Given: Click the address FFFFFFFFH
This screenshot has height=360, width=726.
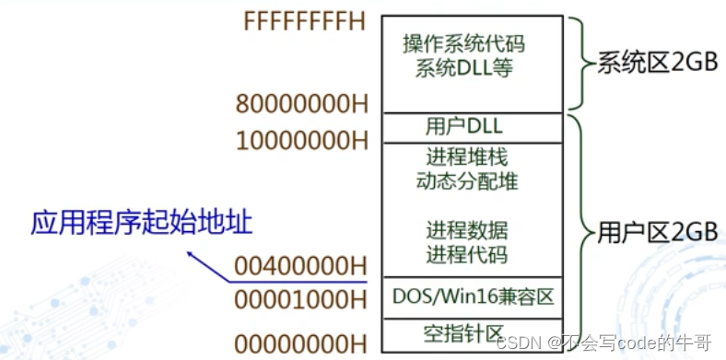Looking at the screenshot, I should coord(305,20).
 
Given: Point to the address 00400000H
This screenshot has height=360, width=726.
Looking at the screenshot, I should coord(300,266).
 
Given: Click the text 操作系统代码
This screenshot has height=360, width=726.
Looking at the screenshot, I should coord(470,43).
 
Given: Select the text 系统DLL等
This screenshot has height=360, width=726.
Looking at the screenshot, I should coord(470,68).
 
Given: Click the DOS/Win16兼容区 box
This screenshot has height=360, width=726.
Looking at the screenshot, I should coord(471,296).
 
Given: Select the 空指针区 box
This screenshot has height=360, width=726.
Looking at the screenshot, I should coord(471,331).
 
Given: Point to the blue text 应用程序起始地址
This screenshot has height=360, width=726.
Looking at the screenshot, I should coord(142,222).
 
